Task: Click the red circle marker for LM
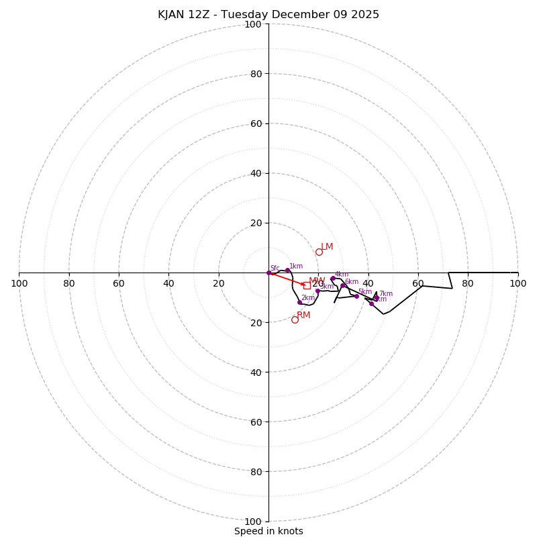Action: click(319, 252)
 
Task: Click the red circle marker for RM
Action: click(295, 320)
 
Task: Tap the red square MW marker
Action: click(307, 285)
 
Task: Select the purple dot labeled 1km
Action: click(287, 271)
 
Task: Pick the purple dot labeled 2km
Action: click(299, 302)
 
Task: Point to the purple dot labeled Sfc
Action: click(268, 273)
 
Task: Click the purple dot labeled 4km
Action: click(332, 279)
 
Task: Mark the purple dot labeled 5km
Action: click(356, 296)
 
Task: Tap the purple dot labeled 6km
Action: click(342, 285)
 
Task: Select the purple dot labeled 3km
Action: click(318, 291)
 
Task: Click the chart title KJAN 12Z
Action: click(268, 15)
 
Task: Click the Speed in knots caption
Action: click(268, 532)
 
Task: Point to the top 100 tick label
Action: click(252, 24)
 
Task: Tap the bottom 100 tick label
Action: click(252, 522)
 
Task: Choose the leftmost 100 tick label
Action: click(19, 283)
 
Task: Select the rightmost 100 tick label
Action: click(518, 283)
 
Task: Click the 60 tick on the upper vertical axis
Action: click(256, 124)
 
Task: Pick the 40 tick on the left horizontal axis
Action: click(168, 283)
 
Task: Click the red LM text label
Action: click(327, 247)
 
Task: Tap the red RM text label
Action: click(303, 315)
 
